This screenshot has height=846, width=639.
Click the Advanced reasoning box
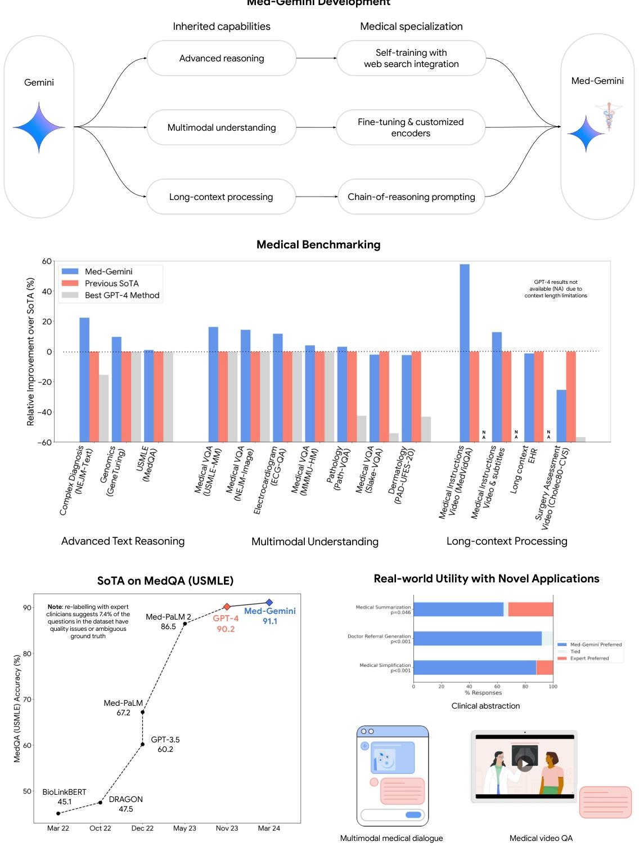click(x=221, y=58)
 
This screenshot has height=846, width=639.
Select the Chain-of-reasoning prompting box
click(x=411, y=197)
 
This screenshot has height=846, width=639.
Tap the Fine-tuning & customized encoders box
click(x=411, y=127)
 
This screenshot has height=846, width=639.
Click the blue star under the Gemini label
click(x=39, y=127)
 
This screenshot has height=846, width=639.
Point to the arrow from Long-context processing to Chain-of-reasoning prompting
click(x=316, y=197)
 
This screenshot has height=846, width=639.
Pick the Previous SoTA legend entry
click(x=111, y=283)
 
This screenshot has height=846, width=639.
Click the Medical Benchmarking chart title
click(x=318, y=244)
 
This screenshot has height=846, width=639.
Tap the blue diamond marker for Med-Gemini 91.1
click(x=269, y=603)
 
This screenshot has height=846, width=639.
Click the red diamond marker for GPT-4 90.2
click(x=227, y=607)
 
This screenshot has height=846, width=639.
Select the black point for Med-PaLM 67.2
click(x=142, y=712)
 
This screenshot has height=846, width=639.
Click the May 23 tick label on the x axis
click(x=184, y=828)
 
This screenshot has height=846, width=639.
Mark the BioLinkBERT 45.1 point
click(x=58, y=813)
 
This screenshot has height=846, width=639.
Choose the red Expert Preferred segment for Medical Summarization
click(x=530, y=609)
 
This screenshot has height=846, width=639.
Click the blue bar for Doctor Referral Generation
click(x=477, y=638)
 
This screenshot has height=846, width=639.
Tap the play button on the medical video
click(x=524, y=764)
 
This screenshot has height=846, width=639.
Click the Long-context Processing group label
click(x=507, y=541)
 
